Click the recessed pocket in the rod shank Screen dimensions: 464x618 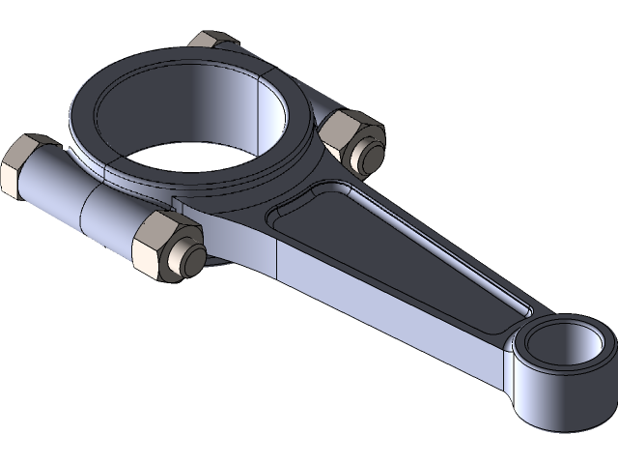[x=406, y=242]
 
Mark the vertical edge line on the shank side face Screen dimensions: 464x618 [x=277, y=256]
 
